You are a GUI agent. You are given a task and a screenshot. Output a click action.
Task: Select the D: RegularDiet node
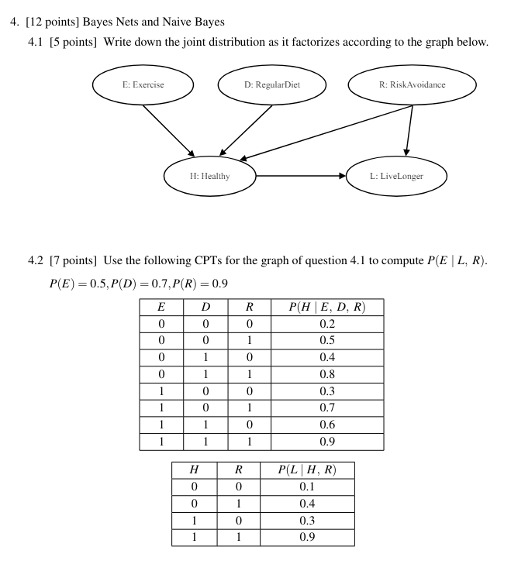click(271, 85)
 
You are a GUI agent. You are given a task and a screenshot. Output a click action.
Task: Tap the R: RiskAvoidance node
click(411, 85)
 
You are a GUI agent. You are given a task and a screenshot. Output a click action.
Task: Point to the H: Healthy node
click(209, 176)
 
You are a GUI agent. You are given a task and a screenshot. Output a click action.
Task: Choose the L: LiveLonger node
click(396, 176)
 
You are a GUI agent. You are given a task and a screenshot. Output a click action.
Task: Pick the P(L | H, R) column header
click(306, 470)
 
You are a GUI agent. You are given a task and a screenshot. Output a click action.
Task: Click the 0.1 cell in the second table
click(306, 487)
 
